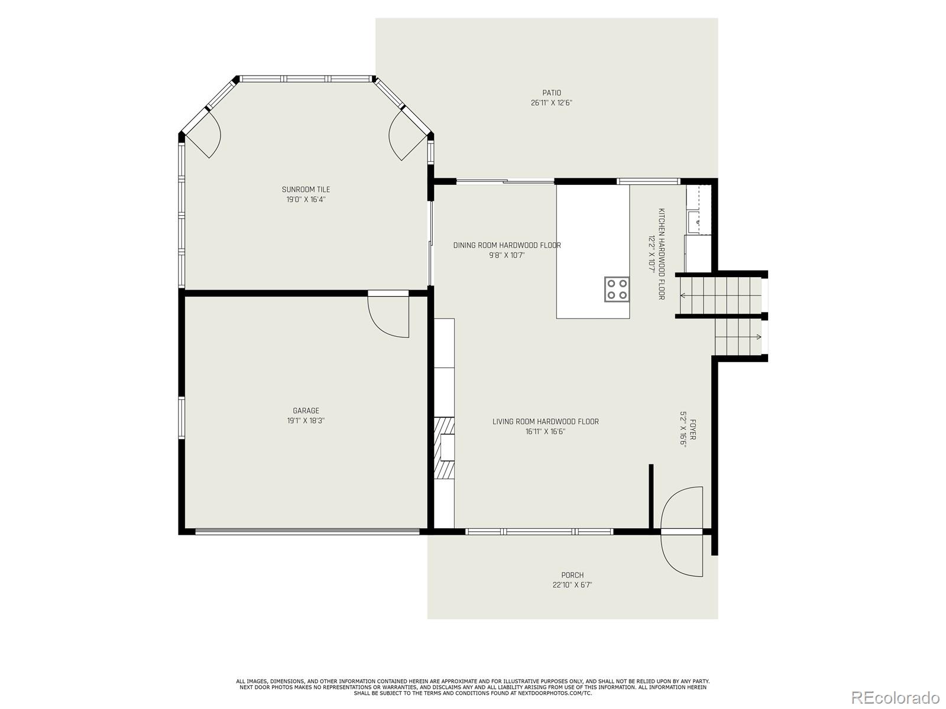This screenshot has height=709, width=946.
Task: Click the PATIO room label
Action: tap(551, 93)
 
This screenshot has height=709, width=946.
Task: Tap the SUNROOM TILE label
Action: tap(306, 190)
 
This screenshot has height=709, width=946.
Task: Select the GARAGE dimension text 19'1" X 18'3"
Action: tap(306, 421)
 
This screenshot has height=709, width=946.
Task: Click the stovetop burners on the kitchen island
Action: tap(617, 289)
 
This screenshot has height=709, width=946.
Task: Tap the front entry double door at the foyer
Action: tap(682, 531)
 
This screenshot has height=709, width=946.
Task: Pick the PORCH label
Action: tap(572, 575)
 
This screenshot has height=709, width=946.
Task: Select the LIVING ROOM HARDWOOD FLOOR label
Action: tap(545, 422)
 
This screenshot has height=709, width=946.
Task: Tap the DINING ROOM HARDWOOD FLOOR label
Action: tap(507, 245)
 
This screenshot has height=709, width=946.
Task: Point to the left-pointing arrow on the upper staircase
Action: tap(683, 295)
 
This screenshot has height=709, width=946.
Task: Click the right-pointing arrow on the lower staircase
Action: tap(758, 337)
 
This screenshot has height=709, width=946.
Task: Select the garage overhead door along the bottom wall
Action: tap(307, 532)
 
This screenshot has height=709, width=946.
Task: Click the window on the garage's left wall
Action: tap(182, 418)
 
